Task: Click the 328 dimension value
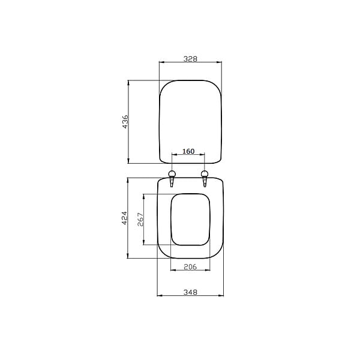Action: coord(190,59)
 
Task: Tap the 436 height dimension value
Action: coord(125,122)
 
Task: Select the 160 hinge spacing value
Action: coord(188,151)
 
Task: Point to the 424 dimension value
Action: coord(124,218)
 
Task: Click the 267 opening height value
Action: coord(140,220)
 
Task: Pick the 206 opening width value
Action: coord(190,266)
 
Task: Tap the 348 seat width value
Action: coord(190,292)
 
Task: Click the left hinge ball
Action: coord(172,173)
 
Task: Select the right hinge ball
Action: coord(205,173)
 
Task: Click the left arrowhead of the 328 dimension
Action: coord(161,62)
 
